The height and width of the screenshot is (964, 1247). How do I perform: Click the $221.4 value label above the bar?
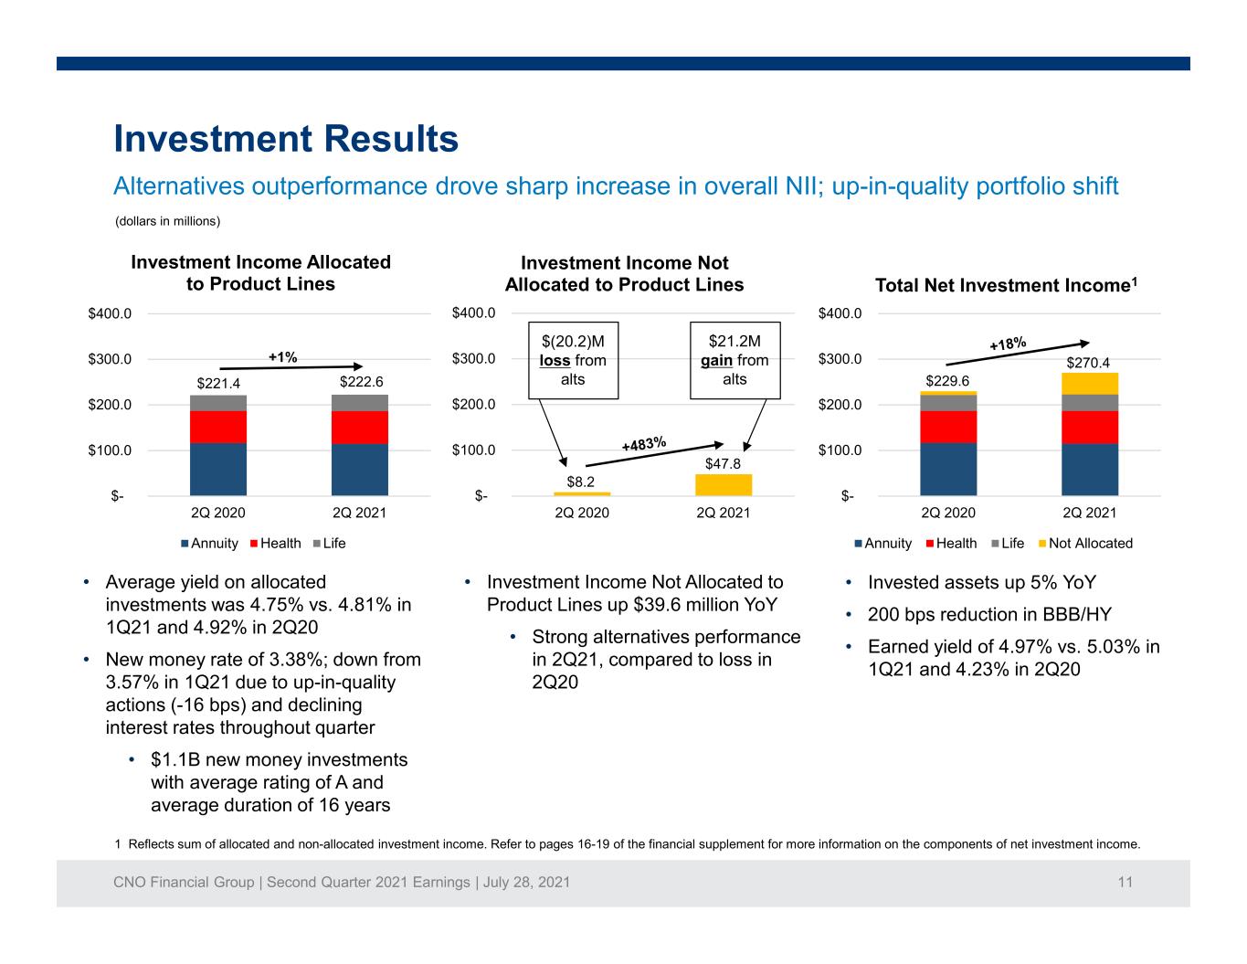tap(218, 383)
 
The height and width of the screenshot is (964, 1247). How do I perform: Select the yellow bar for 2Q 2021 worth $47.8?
tap(723, 485)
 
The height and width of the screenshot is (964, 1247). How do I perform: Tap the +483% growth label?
tap(644, 443)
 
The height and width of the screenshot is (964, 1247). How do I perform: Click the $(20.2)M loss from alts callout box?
tap(573, 360)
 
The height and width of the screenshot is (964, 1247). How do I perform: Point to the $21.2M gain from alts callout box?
tap(734, 360)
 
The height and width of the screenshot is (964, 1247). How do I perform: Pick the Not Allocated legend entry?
tap(1085, 544)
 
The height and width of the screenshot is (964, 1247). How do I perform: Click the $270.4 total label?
tap(1087, 363)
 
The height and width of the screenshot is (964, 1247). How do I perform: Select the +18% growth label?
tap(1008, 344)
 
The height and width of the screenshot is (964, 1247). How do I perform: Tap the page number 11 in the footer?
tap(1125, 882)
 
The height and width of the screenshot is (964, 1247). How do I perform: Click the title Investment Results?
tap(286, 139)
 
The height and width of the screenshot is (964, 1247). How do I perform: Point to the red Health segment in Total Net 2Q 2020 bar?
tap(948, 427)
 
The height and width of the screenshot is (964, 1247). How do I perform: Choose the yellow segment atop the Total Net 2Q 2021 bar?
tap(1089, 384)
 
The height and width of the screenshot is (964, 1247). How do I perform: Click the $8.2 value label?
tap(581, 482)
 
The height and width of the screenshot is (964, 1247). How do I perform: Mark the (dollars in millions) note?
tap(167, 221)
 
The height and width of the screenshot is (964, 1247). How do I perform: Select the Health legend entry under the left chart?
tap(276, 544)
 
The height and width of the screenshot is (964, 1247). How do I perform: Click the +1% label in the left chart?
tap(283, 357)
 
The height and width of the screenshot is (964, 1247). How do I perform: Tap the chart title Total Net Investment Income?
tap(1006, 285)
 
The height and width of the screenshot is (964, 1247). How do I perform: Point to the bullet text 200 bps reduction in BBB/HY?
tap(989, 615)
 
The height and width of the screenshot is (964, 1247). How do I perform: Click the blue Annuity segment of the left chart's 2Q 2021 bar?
tap(359, 470)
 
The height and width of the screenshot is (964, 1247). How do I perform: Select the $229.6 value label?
tap(946, 381)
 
